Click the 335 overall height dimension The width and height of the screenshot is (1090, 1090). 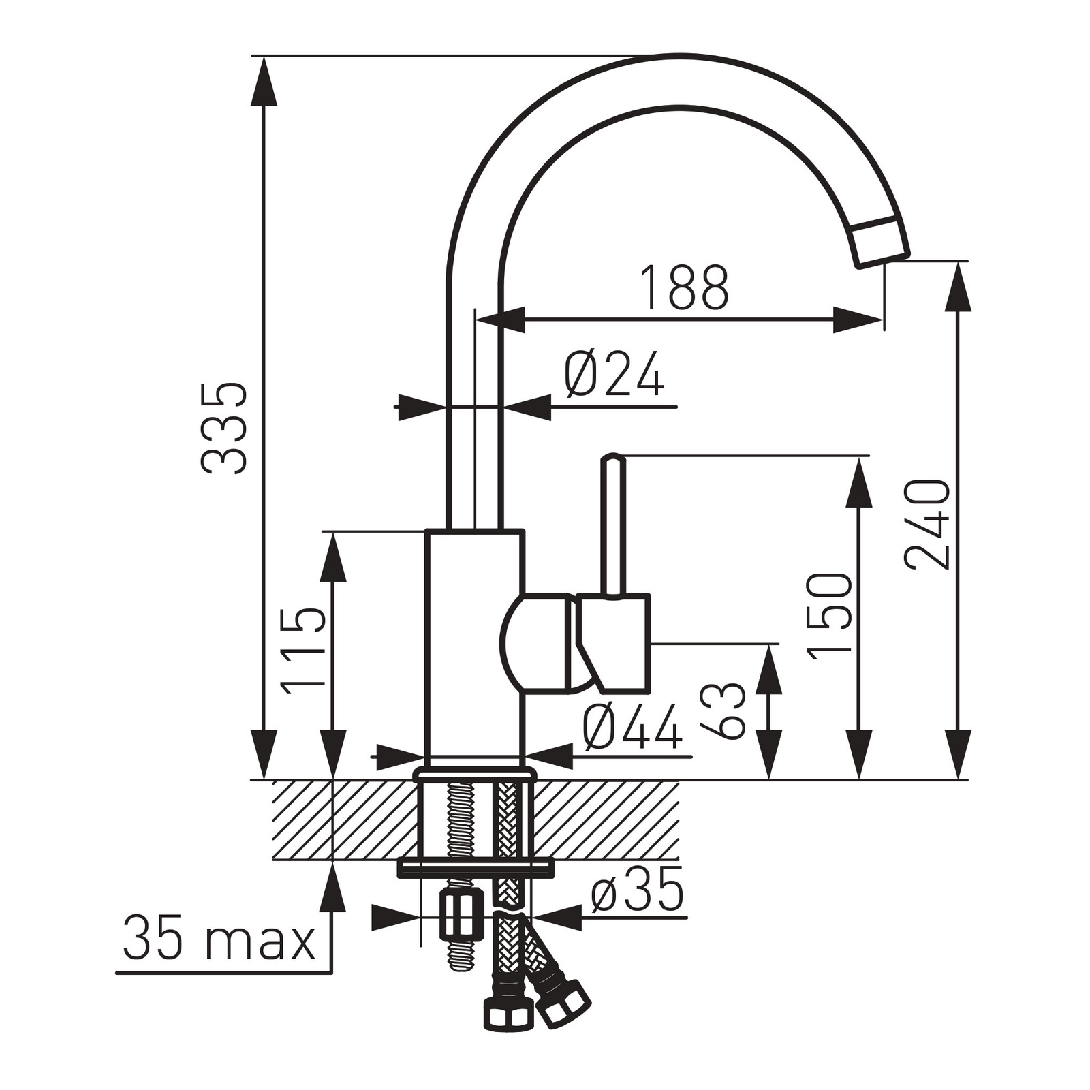click(225, 428)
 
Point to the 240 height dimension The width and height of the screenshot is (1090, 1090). click(927, 524)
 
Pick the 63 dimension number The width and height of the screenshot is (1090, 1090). click(723, 711)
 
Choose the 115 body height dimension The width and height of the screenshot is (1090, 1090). click(304, 651)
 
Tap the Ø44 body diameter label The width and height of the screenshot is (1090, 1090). click(632, 727)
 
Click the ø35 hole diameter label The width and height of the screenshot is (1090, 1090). click(637, 890)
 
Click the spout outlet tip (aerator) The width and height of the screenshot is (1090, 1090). click(881, 242)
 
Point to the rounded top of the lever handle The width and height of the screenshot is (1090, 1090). click(612, 458)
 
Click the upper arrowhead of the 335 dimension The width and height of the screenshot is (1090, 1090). click(264, 80)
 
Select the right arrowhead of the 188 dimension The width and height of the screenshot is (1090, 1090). click(858, 320)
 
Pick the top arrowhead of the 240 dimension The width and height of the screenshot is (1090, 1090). click(958, 286)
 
